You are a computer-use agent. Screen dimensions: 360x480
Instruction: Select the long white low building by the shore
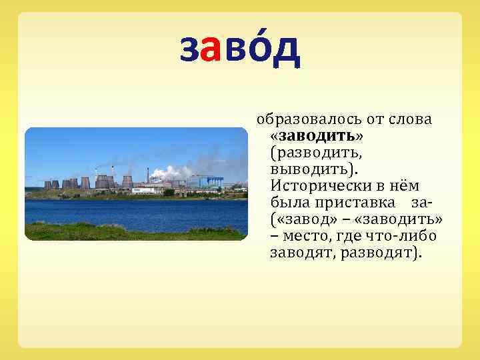click(x=147, y=190)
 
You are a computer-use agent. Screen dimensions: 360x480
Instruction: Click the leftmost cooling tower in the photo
click(x=47, y=185)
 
